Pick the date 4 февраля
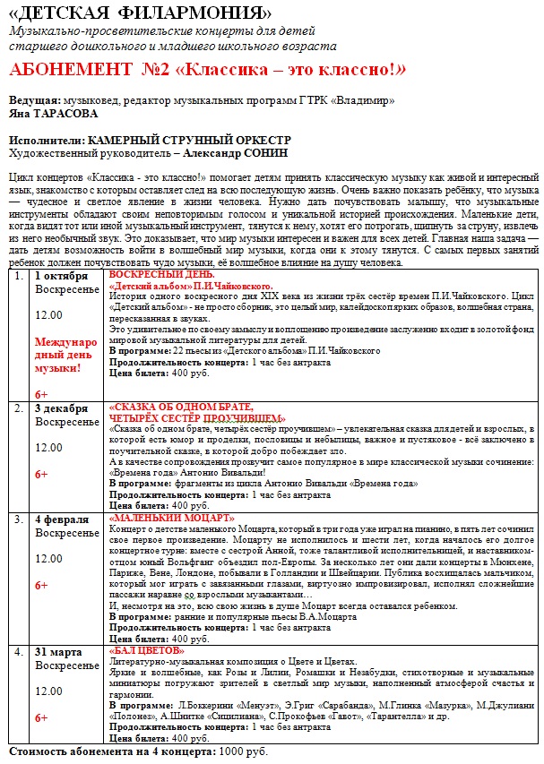(x=62, y=519)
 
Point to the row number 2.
(x=18, y=408)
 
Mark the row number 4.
(x=18, y=651)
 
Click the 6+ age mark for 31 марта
(x=42, y=718)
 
